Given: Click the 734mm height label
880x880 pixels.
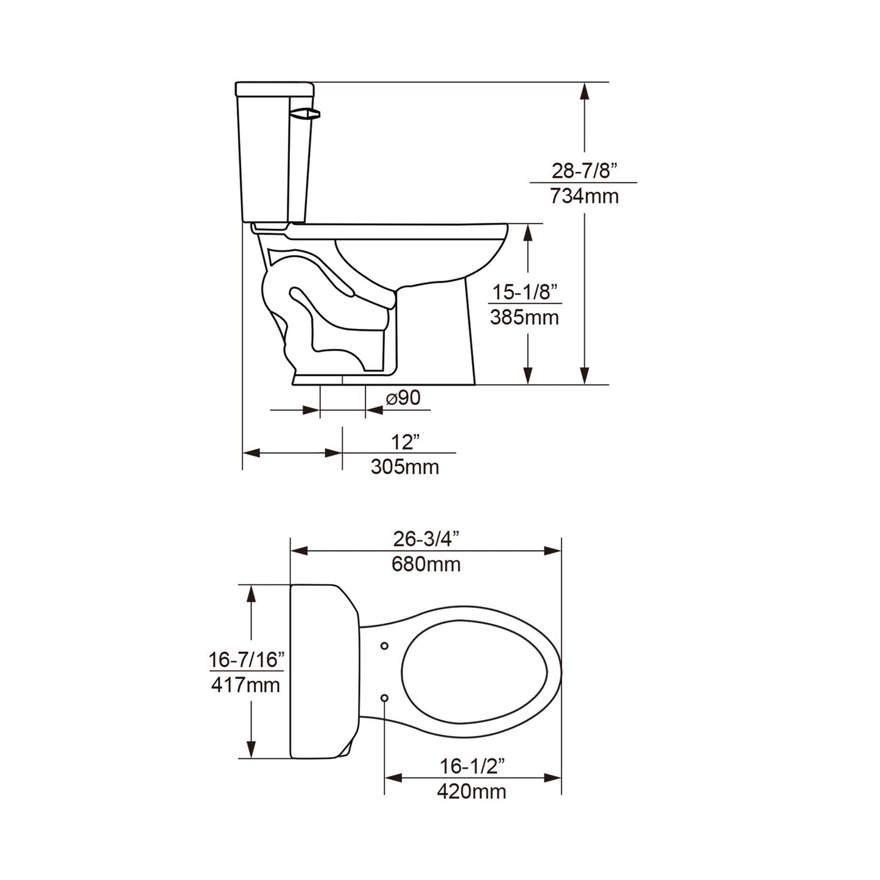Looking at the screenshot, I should coord(584,196).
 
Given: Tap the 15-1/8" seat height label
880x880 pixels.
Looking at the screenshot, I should coord(525,292).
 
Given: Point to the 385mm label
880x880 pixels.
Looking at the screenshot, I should coord(524,317).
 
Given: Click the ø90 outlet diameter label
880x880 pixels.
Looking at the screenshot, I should coord(403,398).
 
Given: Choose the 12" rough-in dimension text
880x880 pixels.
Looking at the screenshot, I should coord(406,442).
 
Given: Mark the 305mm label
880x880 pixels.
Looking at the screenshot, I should coord(404,467).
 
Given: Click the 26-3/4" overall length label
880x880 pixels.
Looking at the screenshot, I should coord(426,539).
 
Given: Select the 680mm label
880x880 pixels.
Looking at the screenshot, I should coord(426,564).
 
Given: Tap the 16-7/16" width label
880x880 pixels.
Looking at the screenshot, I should coord(246,660).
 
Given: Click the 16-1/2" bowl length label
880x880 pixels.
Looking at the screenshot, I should coord(473,766).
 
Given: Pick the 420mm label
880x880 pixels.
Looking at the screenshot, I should coord(471,791).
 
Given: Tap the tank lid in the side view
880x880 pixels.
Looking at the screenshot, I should coord(275,89).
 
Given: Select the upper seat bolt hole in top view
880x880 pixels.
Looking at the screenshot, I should coord(384,646).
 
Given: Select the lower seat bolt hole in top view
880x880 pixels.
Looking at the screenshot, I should coord(384,697).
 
